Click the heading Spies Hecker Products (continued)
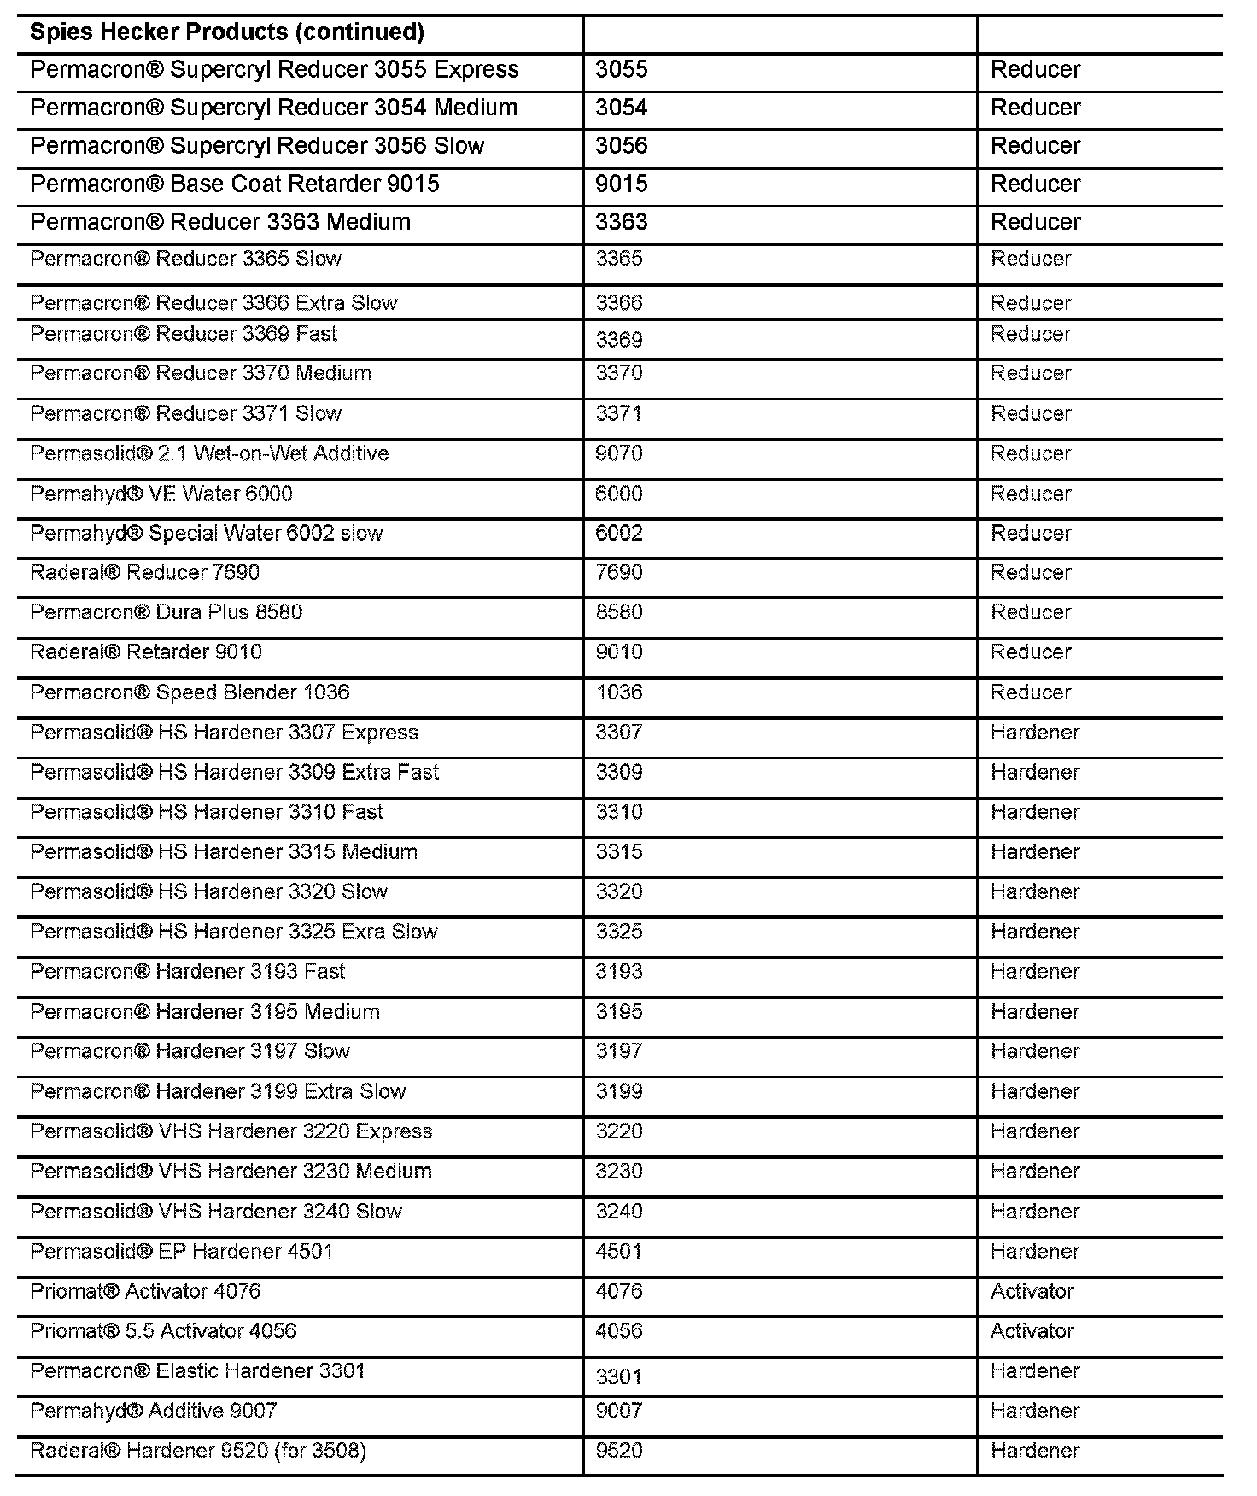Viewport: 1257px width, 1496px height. pos(227,32)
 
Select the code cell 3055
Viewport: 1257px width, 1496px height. pos(622,70)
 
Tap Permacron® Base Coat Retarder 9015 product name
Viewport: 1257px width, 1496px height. pos(235,184)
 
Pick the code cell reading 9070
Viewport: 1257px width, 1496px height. pos(619,453)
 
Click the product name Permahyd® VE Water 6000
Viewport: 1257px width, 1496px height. pos(161,494)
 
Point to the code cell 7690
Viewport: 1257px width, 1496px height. pos(619,572)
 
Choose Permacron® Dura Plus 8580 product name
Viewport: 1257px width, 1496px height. pos(167,612)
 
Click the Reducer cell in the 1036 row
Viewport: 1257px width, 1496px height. pos(1031,692)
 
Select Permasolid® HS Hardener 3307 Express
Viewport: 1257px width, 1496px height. pos(225,733)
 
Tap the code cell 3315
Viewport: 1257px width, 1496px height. pos(619,852)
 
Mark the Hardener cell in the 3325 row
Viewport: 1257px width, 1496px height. pos(1035,932)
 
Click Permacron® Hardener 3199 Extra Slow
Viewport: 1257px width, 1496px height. pos(219,1091)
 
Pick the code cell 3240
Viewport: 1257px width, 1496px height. pos(619,1212)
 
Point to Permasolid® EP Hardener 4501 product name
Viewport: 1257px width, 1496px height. pos(182,1252)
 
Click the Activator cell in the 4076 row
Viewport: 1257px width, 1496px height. pos(1032,1291)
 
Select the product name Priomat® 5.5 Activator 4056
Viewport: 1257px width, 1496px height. pos(164,1331)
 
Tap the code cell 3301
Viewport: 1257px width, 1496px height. pos(619,1376)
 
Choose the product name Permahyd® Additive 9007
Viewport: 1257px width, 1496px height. pos(154,1411)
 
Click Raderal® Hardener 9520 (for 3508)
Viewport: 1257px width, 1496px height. pos(198,1451)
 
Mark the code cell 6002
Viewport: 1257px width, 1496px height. pos(619,533)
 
